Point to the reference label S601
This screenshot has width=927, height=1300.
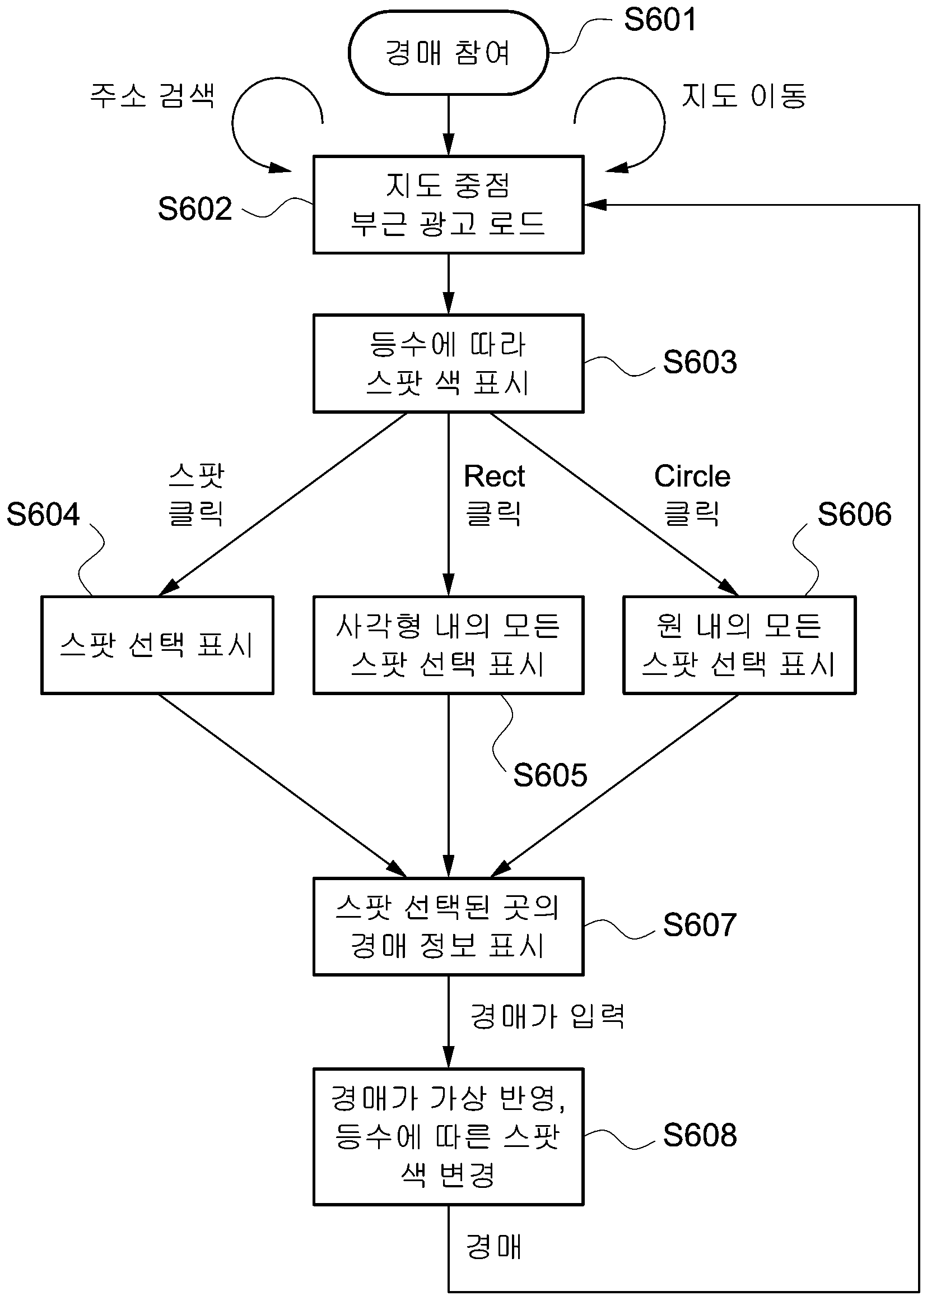pos(660,20)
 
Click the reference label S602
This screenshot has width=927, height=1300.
pos(195,209)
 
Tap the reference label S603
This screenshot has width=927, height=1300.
pos(700,362)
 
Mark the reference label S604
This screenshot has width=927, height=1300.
pos(43,514)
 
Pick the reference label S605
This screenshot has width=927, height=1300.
pos(549,775)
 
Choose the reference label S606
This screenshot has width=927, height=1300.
pos(854,514)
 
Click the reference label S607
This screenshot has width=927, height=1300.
pos(700,925)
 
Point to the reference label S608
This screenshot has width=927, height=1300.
pos(700,1135)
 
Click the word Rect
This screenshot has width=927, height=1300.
pos(495,476)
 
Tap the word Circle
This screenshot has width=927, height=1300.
pos(692,476)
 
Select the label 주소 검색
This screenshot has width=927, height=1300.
pos(152,95)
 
